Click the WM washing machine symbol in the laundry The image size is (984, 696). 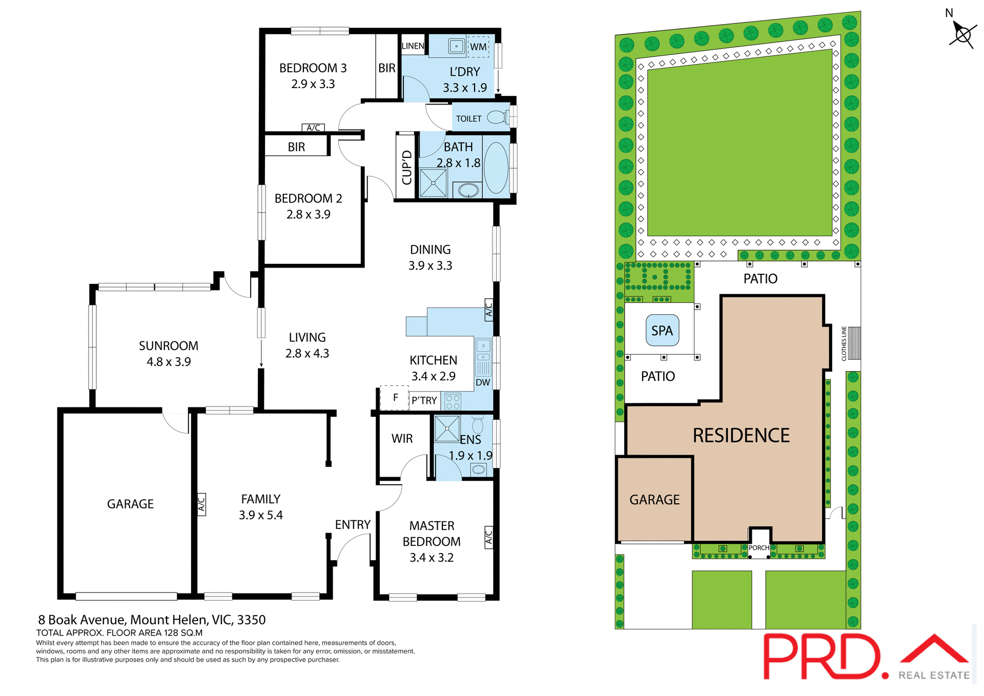click(478, 47)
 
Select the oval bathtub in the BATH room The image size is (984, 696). click(496, 168)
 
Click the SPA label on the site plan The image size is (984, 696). click(662, 331)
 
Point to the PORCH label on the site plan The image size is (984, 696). click(758, 547)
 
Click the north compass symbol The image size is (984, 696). click(962, 35)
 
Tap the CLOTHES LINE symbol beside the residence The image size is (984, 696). click(854, 343)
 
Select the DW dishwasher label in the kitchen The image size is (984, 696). click(483, 382)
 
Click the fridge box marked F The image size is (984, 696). click(395, 397)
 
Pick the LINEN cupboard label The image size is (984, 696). click(413, 46)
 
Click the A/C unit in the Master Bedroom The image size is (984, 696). click(488, 537)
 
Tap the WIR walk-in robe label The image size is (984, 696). click(402, 439)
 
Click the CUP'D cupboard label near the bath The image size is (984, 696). click(406, 167)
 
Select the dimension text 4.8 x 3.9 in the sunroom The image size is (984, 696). click(169, 362)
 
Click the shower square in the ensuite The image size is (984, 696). click(447, 428)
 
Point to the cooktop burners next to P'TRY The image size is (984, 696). click(453, 401)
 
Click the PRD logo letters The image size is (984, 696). click(822, 657)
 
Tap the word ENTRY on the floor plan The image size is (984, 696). click(353, 524)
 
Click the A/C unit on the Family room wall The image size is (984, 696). click(201, 504)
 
